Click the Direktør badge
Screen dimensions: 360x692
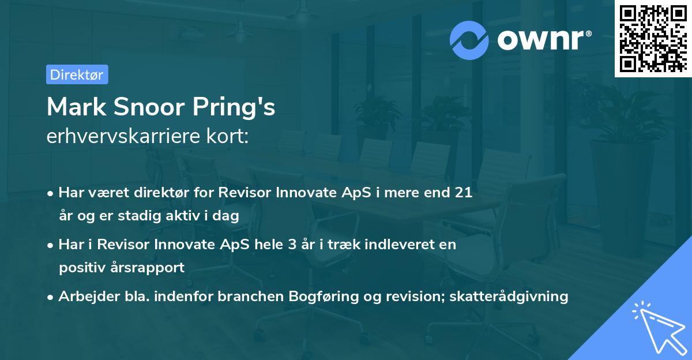click(77, 74)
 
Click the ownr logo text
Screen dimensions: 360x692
click(544, 40)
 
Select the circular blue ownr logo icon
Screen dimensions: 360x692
click(469, 40)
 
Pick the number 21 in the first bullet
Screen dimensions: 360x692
click(464, 193)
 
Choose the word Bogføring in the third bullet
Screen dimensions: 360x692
click(320, 296)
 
